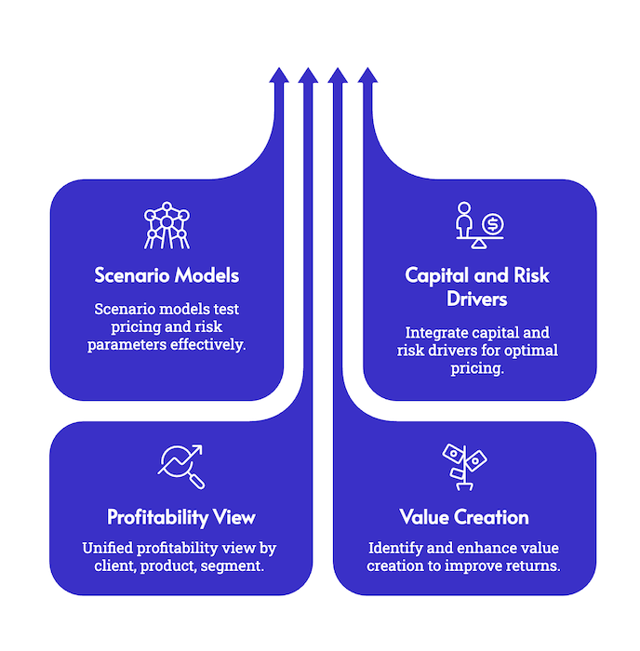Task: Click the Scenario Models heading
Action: click(x=167, y=275)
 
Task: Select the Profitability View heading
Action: click(x=180, y=517)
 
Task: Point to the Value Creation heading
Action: click(x=463, y=517)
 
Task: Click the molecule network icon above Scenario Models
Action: click(x=167, y=226)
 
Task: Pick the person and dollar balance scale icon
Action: click(x=478, y=226)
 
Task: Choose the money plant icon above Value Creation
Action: click(x=464, y=466)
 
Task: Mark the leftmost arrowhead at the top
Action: click(x=277, y=73)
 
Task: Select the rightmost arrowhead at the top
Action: click(x=367, y=73)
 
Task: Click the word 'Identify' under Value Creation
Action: click(x=397, y=547)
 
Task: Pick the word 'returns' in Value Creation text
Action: click(x=534, y=565)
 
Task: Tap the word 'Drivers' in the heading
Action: click(x=477, y=299)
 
